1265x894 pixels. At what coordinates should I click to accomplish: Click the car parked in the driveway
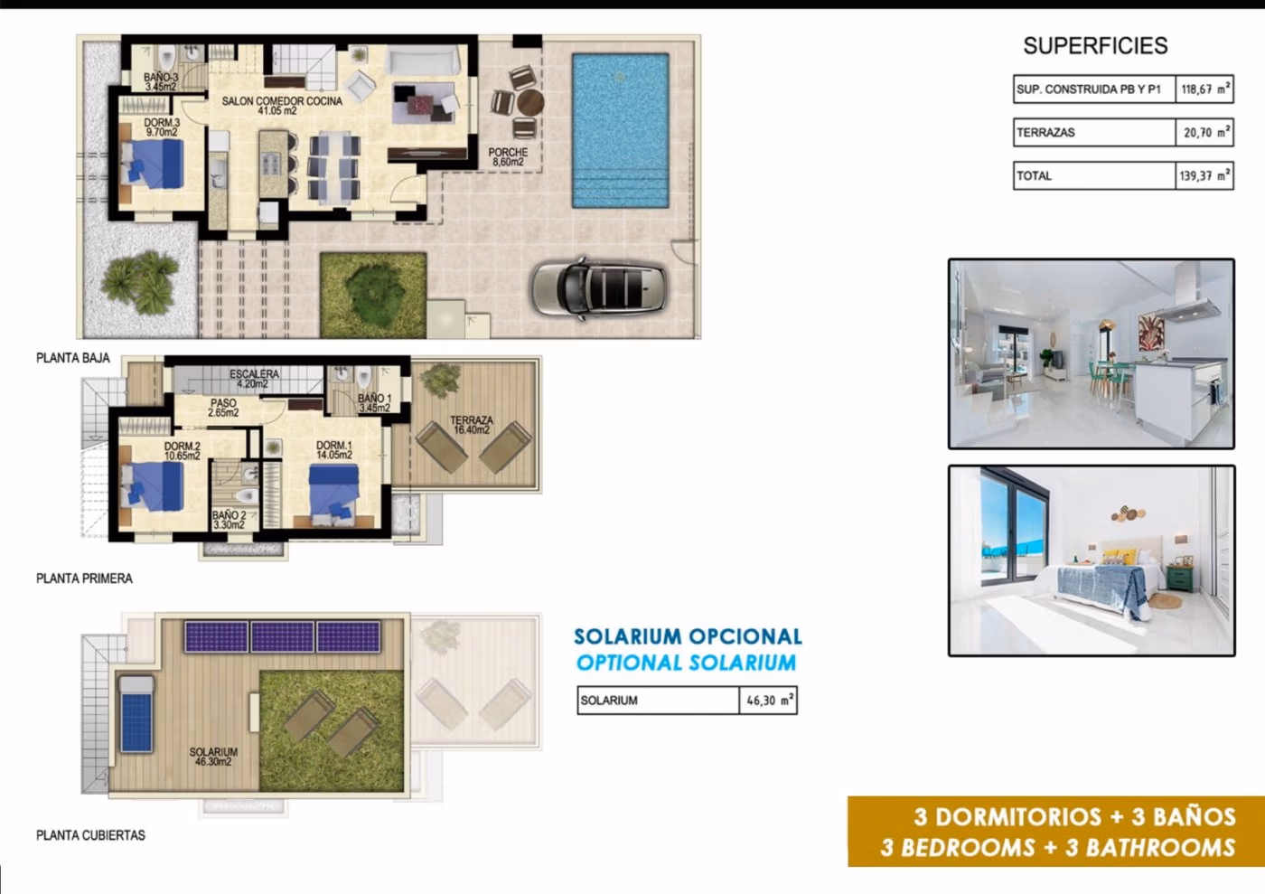click(x=598, y=288)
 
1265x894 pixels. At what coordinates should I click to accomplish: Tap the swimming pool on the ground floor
click(x=620, y=130)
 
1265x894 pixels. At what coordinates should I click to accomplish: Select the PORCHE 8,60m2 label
click(x=508, y=157)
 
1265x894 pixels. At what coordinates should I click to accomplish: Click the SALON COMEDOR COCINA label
click(x=282, y=106)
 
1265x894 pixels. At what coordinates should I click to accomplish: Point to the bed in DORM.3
click(x=153, y=164)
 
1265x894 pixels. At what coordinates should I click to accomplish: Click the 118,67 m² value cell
click(x=1204, y=89)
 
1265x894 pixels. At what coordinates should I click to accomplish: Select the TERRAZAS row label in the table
click(x=1045, y=133)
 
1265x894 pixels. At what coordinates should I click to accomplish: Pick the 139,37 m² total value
click(x=1204, y=175)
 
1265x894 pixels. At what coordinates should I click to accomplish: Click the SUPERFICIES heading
click(x=1095, y=46)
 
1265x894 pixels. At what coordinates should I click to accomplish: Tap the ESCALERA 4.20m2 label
click(x=254, y=379)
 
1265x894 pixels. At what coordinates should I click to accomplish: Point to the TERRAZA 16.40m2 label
click(x=472, y=425)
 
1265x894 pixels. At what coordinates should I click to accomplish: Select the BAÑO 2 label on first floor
click(x=229, y=520)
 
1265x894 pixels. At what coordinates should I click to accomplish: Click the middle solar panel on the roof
click(x=282, y=637)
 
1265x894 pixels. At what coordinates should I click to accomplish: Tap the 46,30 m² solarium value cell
click(x=768, y=701)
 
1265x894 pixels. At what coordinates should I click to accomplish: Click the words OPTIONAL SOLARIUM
click(x=686, y=663)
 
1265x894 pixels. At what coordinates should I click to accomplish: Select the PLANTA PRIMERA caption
click(x=84, y=579)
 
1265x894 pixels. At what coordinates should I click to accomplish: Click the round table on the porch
click(x=529, y=103)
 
